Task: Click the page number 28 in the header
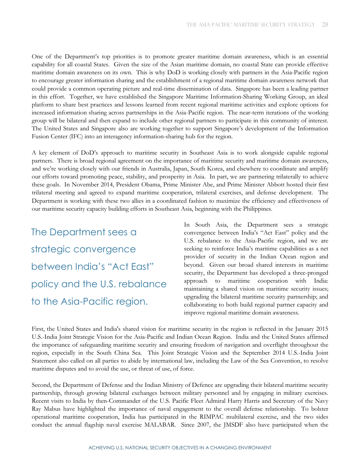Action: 325,25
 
